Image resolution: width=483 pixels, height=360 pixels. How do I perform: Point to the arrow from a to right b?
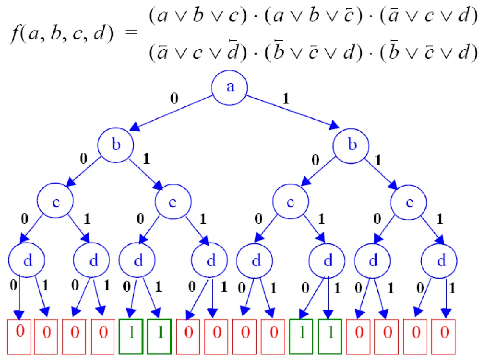292,112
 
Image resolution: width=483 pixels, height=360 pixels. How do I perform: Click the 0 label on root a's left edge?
174,98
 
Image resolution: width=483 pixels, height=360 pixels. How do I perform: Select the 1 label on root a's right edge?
286,99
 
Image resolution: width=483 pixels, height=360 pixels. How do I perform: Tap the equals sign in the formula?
131,31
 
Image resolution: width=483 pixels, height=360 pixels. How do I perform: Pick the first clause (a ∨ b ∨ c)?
198,15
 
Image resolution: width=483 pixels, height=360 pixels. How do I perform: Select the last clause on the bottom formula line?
429,52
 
